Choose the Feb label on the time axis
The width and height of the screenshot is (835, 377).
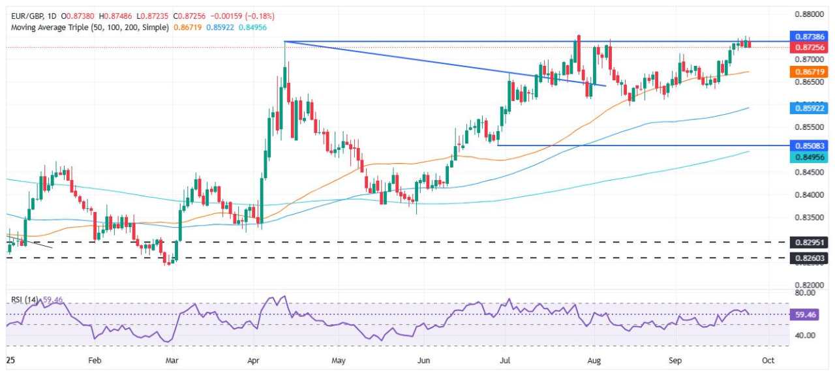[95, 359]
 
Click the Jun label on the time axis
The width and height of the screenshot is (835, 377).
[424, 359]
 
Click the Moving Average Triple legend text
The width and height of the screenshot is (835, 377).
[89, 27]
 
